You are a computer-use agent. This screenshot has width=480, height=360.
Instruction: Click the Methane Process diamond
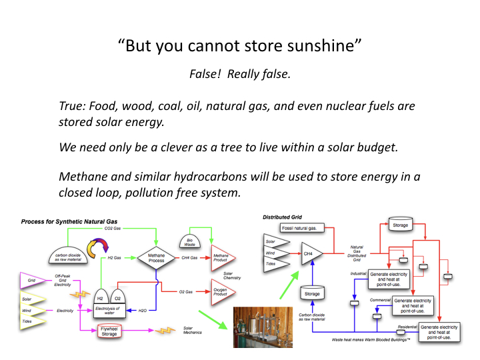coord(155,257)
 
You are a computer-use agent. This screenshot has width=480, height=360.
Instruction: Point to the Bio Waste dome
coord(189,241)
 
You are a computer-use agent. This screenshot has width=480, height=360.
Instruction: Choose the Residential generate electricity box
coord(438,331)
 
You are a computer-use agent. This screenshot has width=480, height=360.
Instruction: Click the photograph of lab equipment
coord(262,327)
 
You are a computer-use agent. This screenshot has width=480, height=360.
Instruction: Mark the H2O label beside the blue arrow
coord(143,311)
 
